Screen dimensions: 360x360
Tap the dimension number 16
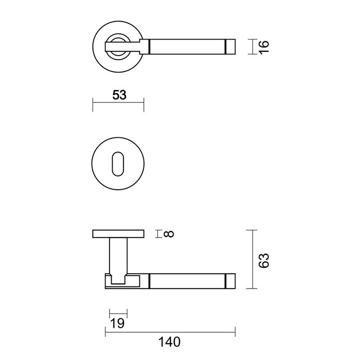coord(264,46)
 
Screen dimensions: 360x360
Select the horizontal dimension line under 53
coord(118,105)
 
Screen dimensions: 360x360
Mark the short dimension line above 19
coord(118,313)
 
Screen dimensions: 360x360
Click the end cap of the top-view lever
coord(230,46)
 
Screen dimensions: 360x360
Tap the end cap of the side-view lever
coord(230,281)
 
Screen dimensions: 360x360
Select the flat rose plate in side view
coord(118,235)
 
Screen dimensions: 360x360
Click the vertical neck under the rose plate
coord(118,255)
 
